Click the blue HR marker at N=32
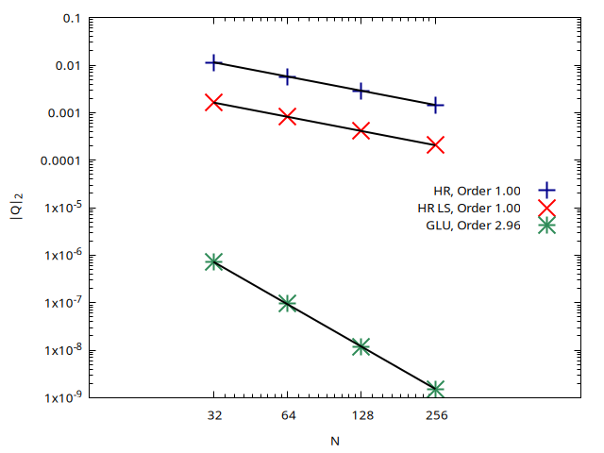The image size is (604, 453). [214, 62]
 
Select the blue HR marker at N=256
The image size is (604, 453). [435, 105]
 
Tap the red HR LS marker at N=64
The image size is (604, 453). [288, 116]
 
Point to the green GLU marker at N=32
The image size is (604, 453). [214, 261]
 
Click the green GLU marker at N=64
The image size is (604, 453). [288, 303]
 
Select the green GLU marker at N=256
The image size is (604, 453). [435, 389]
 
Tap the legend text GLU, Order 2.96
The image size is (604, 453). [481, 225]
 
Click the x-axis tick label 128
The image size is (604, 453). [361, 415]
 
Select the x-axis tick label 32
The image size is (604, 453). [214, 415]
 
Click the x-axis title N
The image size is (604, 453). [335, 441]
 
